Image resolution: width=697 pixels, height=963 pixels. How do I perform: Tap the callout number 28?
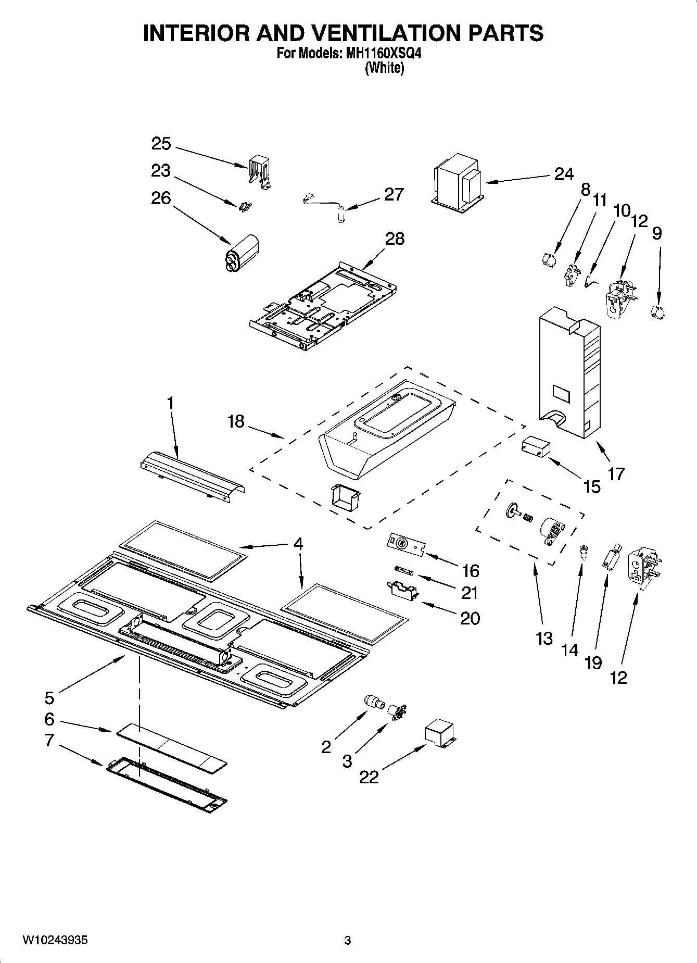point(395,239)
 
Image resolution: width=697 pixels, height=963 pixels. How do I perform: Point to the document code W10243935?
point(55,940)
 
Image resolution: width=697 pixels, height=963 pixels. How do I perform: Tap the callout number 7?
point(49,740)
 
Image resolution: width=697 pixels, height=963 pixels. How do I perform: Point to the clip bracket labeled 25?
point(260,170)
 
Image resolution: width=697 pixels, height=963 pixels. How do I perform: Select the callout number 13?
point(544,638)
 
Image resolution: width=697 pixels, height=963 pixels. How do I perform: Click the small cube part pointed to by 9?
point(658,312)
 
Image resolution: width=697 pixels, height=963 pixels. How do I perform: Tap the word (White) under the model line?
point(384,68)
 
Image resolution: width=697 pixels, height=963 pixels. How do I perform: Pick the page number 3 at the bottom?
point(348,940)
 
